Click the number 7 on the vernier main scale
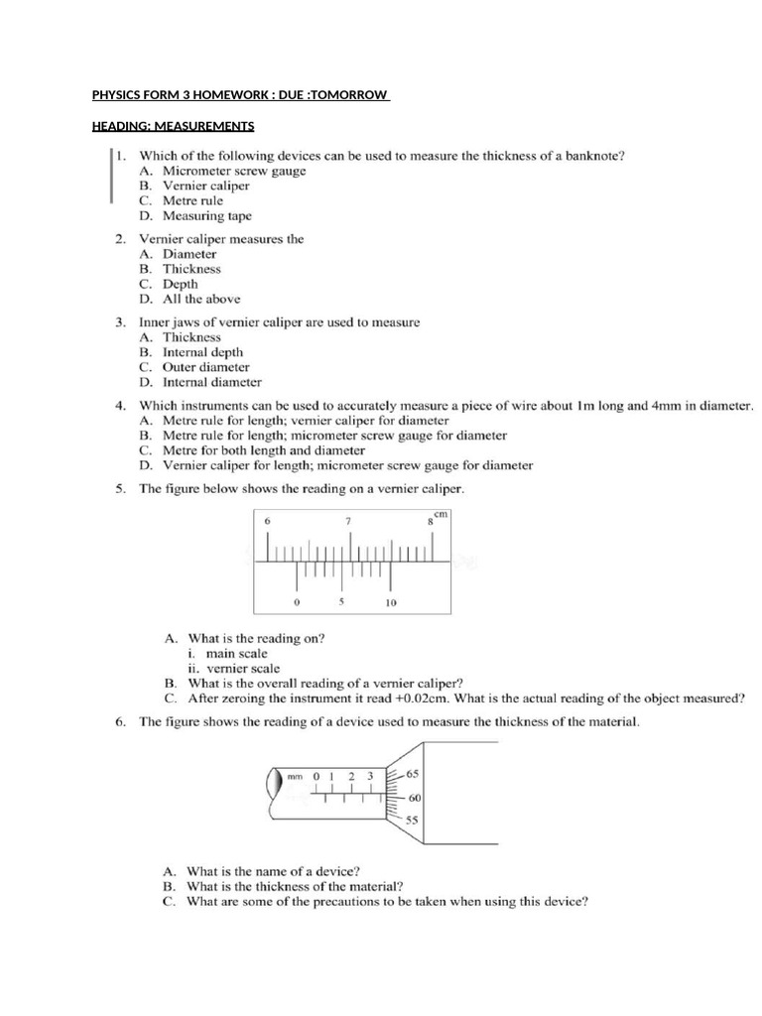[347, 520]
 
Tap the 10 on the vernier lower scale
[391, 603]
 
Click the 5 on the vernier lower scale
[342, 602]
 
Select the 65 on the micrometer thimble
[412, 773]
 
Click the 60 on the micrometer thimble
[416, 797]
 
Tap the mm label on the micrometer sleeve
[295, 777]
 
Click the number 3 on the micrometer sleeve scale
[370, 776]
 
